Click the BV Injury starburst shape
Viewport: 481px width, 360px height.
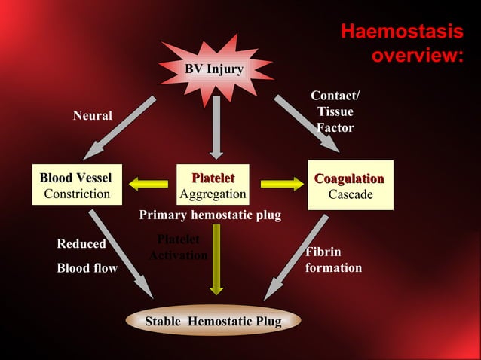214,70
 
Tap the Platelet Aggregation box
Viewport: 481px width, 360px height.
213,185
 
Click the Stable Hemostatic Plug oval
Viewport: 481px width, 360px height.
213,322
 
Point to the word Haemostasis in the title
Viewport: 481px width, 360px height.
401,32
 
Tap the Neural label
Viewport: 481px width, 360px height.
92,116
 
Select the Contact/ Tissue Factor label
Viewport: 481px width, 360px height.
335,112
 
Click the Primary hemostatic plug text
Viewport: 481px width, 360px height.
210,215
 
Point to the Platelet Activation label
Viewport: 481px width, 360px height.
178,248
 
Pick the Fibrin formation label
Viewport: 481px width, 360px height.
333,260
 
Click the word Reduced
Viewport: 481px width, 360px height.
81,244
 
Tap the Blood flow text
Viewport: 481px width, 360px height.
87,268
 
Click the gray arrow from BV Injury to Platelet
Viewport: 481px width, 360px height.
216,127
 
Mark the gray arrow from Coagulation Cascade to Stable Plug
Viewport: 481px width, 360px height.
297,256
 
